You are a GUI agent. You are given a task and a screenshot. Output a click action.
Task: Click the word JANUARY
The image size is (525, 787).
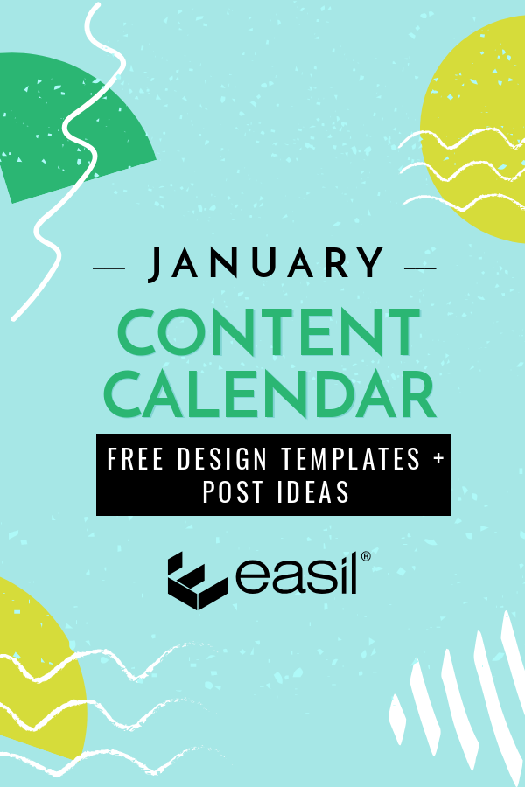266,263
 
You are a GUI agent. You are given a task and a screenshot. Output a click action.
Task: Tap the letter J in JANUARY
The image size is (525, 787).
155,264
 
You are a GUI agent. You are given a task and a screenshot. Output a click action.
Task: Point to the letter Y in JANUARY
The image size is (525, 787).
372,262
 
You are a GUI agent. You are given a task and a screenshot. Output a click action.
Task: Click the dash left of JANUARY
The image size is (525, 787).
109,268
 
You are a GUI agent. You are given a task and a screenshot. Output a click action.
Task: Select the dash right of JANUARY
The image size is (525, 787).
420,268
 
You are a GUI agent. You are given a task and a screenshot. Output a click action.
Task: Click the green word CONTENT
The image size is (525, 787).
269,331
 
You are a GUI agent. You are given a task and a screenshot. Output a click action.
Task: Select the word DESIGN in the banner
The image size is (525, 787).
222,459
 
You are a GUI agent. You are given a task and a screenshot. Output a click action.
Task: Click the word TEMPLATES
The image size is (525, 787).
351,459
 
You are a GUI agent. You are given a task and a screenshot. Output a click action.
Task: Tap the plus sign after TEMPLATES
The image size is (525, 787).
439,459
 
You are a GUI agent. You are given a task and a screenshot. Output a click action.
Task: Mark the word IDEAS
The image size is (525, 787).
313,491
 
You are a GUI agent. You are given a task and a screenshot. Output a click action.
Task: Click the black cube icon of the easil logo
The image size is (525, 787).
197,581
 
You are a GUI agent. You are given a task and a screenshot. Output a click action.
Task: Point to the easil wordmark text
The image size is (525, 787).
297,574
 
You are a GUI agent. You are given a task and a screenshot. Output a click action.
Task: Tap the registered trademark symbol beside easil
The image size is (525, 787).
366,556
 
